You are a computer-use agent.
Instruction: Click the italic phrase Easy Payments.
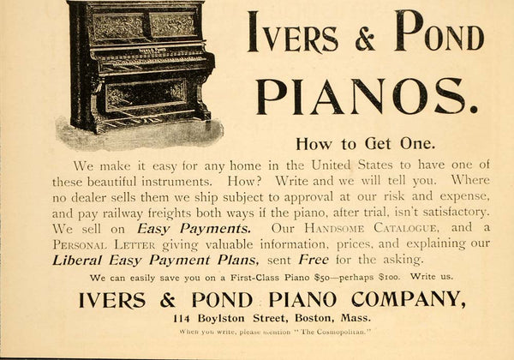(x=194, y=229)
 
